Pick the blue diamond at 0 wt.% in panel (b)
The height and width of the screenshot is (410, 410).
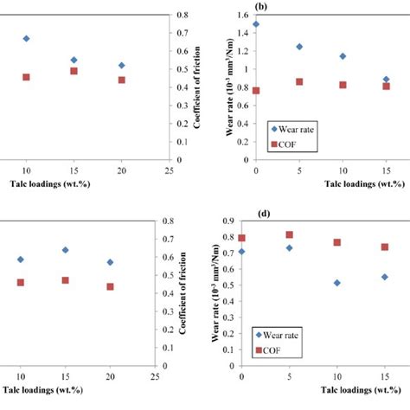(255, 24)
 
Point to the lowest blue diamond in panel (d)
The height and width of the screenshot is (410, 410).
(343, 283)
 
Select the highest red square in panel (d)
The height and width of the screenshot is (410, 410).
(299, 234)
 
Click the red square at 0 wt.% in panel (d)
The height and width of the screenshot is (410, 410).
(242, 238)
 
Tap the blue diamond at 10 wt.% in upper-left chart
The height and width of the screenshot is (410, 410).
(26, 39)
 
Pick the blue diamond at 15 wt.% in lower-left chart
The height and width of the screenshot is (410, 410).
(65, 250)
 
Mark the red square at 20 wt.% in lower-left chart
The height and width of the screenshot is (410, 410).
(110, 286)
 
